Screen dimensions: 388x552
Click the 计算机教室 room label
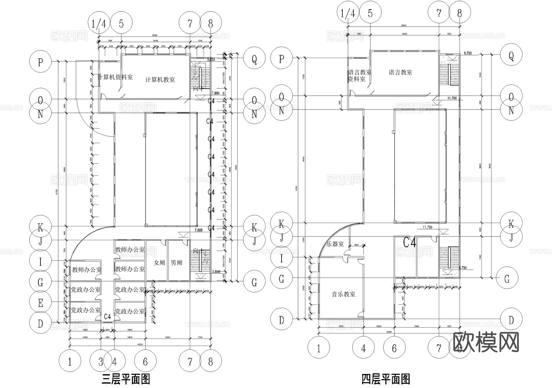(x=160, y=80)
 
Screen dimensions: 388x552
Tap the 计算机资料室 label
(x=115, y=77)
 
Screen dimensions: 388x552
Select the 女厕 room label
(x=159, y=263)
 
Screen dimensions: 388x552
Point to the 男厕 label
(x=176, y=263)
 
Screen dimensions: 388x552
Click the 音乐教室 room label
(x=343, y=294)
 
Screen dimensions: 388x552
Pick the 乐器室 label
(x=335, y=244)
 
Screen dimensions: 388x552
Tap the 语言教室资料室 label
(x=359, y=76)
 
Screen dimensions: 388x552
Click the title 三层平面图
(x=126, y=379)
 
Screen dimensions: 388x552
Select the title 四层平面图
(x=386, y=379)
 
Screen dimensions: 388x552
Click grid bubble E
(x=40, y=303)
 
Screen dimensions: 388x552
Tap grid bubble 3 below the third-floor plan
(x=101, y=362)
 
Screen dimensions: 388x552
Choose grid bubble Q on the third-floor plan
(x=254, y=60)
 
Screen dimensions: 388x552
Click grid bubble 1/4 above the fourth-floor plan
(x=348, y=13)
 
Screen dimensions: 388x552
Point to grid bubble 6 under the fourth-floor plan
(x=394, y=348)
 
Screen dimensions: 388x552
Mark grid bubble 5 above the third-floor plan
(x=121, y=23)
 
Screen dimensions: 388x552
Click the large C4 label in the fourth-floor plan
(x=409, y=243)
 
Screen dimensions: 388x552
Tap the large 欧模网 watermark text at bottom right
(x=486, y=342)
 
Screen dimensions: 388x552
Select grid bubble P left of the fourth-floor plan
(x=282, y=59)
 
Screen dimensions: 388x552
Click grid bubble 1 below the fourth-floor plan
(x=319, y=348)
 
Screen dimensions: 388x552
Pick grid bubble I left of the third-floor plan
(x=40, y=262)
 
